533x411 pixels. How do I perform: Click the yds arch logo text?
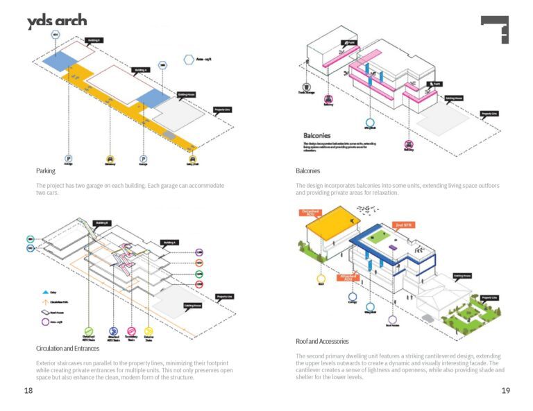[57, 21]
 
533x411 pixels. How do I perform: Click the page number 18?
[28, 392]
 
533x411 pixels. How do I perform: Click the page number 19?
[505, 392]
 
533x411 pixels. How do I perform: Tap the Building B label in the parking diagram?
[94, 41]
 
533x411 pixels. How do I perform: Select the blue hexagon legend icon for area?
[188, 60]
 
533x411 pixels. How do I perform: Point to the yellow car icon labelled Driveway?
[110, 158]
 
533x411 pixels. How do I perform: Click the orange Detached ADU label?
[310, 213]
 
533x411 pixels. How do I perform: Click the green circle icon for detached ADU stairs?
[88, 332]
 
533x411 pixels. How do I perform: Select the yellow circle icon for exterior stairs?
[149, 332]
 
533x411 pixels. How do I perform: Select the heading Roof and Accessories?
[322, 341]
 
